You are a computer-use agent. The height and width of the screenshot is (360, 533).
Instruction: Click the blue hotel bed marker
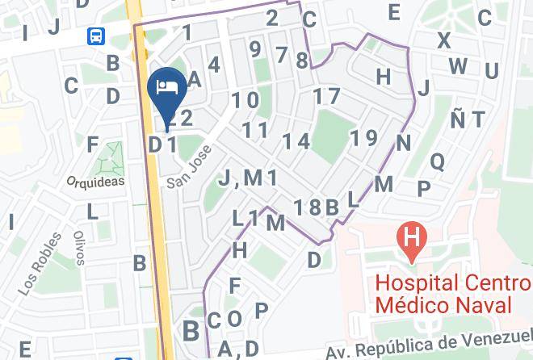coord(167,87)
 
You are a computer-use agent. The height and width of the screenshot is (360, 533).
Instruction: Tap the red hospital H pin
coord(411,240)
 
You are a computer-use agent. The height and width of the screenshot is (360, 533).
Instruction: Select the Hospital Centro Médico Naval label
coord(453,295)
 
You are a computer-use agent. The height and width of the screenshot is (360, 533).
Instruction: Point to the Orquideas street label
coord(95,182)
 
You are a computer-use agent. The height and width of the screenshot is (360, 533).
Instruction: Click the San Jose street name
coord(190,167)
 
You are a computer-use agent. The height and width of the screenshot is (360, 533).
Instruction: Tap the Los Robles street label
coord(39,262)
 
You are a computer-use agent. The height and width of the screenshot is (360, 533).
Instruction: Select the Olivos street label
coord(79,247)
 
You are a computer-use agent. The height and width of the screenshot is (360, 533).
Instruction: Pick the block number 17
coord(327,96)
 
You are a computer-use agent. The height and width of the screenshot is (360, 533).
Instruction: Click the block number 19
coord(365,137)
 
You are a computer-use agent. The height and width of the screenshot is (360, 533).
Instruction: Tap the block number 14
coord(296,141)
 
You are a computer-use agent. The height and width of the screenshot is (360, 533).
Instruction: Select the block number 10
coord(246,100)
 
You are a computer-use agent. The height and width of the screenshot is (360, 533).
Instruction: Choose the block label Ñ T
coord(468,119)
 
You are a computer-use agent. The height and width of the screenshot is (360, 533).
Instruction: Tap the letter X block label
coord(443,40)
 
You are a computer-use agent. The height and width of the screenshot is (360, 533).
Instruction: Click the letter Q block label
coord(438,161)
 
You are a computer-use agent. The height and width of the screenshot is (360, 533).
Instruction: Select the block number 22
coord(181,119)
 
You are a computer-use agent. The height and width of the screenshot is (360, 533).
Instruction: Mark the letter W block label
coord(458,66)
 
